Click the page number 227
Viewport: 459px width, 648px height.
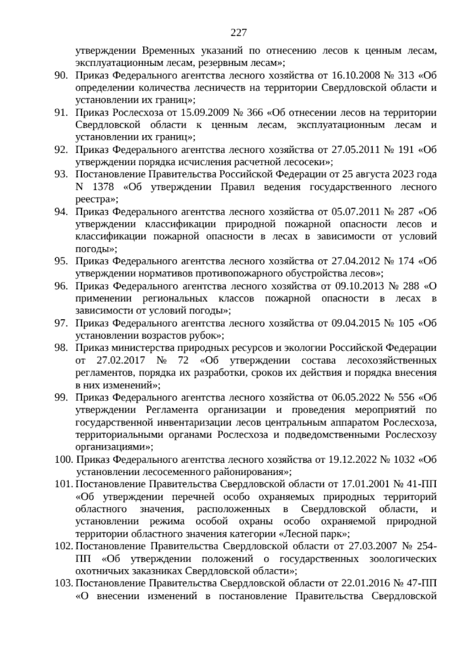coord(238,33)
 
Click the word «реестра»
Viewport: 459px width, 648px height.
coord(96,199)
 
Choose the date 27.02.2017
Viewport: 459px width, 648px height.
coord(121,361)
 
